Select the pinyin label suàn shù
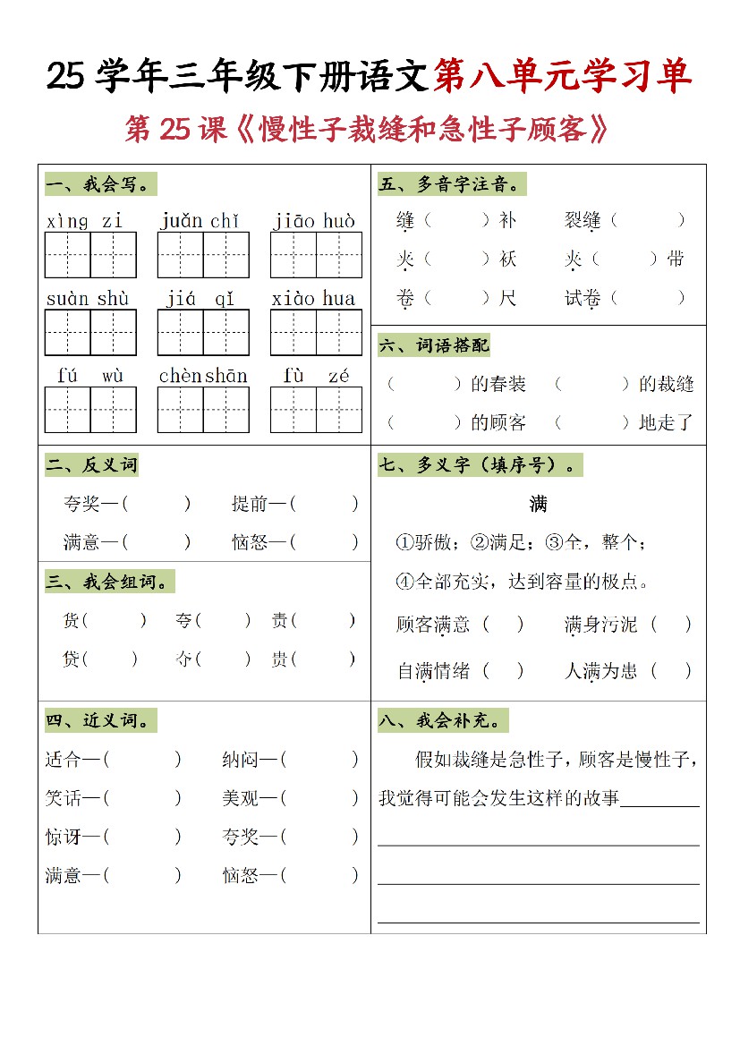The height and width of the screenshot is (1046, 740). point(88,299)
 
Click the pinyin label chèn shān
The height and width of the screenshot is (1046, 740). point(203,377)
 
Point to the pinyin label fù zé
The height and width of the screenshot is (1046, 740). point(316,377)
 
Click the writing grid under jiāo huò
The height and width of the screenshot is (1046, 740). point(316,255)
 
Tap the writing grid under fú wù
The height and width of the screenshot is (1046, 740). point(90,410)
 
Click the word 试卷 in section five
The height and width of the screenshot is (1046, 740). point(582,299)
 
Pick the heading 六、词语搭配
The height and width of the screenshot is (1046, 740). point(434,345)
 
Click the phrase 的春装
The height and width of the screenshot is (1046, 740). point(498,385)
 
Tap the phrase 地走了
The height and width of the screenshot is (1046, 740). point(666,422)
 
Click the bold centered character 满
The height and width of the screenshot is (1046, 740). point(538,505)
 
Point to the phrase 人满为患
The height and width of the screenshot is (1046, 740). point(600,670)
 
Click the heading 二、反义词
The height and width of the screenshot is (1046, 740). point(92,465)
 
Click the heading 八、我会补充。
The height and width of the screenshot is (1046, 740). point(443,720)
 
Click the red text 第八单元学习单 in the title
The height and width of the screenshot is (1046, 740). point(562,78)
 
